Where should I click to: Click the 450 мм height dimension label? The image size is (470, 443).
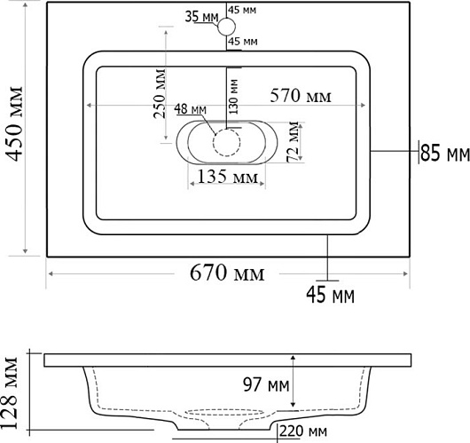[x=14, y=123]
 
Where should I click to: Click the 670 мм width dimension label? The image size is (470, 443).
[x=227, y=273]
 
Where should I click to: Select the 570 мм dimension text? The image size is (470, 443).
[x=301, y=96]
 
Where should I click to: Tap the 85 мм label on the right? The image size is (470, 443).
[x=445, y=153]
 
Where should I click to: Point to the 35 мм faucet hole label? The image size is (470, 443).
[x=201, y=17]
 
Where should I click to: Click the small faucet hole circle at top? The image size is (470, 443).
[x=227, y=27]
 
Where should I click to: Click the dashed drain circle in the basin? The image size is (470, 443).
[x=227, y=142]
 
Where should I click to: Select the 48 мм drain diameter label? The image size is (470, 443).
[x=191, y=109]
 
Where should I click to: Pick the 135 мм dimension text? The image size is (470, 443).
[x=228, y=177]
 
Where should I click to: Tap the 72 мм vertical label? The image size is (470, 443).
[x=294, y=142]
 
